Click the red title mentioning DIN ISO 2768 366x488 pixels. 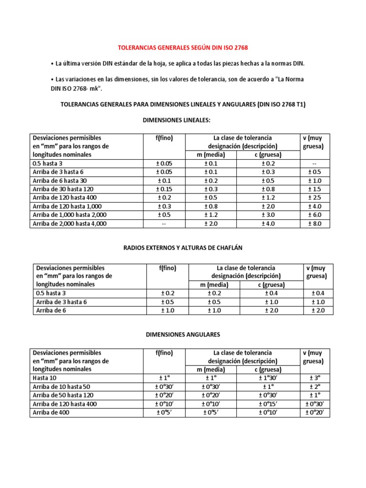click(x=183, y=48)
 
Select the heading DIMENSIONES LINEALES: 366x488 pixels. click(x=183, y=121)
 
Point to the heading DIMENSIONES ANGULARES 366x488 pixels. click(x=183, y=335)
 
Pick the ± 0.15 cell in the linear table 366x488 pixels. click(x=164, y=189)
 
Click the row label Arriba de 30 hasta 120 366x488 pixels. click(x=61, y=189)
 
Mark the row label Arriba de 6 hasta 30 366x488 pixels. click(x=59, y=181)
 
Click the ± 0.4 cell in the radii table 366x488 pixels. click(x=318, y=294)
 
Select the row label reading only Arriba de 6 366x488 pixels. click(x=50, y=311)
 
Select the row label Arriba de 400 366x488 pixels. click(x=51, y=412)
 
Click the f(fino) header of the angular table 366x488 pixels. click(x=164, y=353)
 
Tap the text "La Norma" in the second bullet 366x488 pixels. click(x=289, y=79)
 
